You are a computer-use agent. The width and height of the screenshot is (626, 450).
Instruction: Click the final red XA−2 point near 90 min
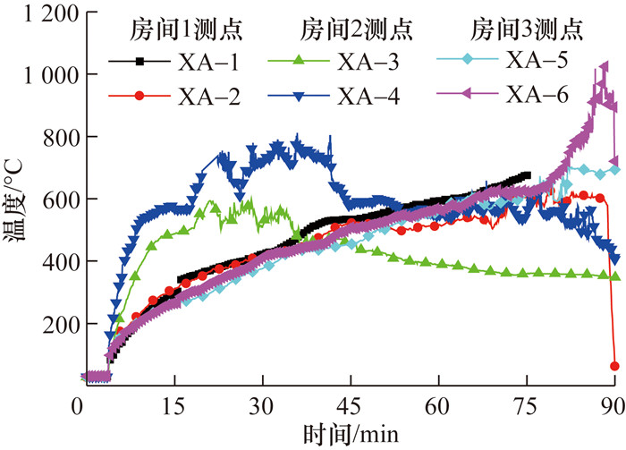614,366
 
